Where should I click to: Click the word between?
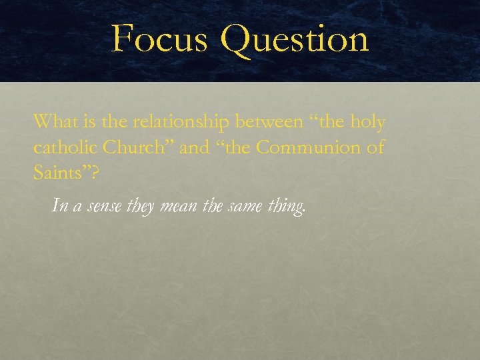tap(275, 122)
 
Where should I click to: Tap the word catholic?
tap(63, 147)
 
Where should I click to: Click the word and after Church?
tap(195, 147)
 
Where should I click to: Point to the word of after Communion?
tap(375, 147)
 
